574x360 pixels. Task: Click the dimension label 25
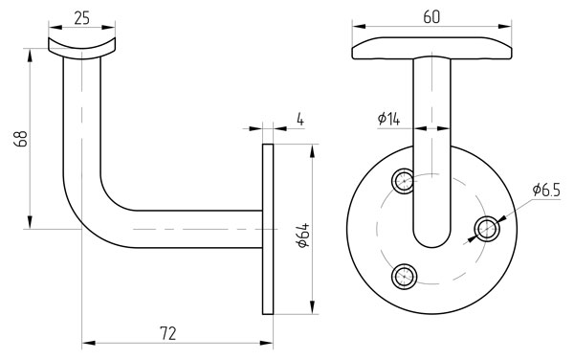[x=81, y=18]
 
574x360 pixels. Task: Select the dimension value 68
[x=21, y=139]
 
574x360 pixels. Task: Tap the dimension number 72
[x=168, y=333]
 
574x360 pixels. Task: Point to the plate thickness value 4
[x=300, y=120]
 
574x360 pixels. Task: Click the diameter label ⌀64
[x=304, y=236]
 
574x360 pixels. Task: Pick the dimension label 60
[x=431, y=17]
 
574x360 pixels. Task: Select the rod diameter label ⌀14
[x=388, y=119]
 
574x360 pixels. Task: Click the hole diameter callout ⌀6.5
[x=546, y=191]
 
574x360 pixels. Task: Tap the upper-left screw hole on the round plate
[x=404, y=181]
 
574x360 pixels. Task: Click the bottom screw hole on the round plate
[x=404, y=276]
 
